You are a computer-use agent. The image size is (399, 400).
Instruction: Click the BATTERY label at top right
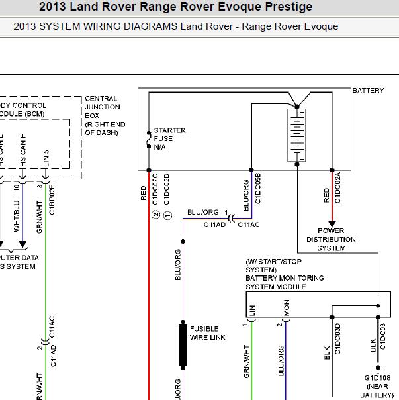point(368,91)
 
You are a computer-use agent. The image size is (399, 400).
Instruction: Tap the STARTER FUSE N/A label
point(169,138)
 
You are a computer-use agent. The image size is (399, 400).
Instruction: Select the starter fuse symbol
point(149,138)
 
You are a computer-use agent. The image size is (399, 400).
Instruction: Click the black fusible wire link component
point(183,344)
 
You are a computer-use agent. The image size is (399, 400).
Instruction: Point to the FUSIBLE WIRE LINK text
point(208,333)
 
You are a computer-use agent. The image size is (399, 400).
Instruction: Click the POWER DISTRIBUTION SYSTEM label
point(331,240)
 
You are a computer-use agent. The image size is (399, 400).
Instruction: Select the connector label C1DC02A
point(337,188)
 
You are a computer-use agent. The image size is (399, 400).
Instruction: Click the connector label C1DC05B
point(257,187)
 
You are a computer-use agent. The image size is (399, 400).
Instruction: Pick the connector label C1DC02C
point(156,189)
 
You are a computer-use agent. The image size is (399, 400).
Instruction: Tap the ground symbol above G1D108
point(378,368)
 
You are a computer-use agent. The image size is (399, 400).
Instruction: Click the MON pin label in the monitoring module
point(287,309)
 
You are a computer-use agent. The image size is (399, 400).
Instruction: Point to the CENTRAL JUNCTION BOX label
point(102,115)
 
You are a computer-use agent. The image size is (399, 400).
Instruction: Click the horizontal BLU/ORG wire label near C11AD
point(203,212)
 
